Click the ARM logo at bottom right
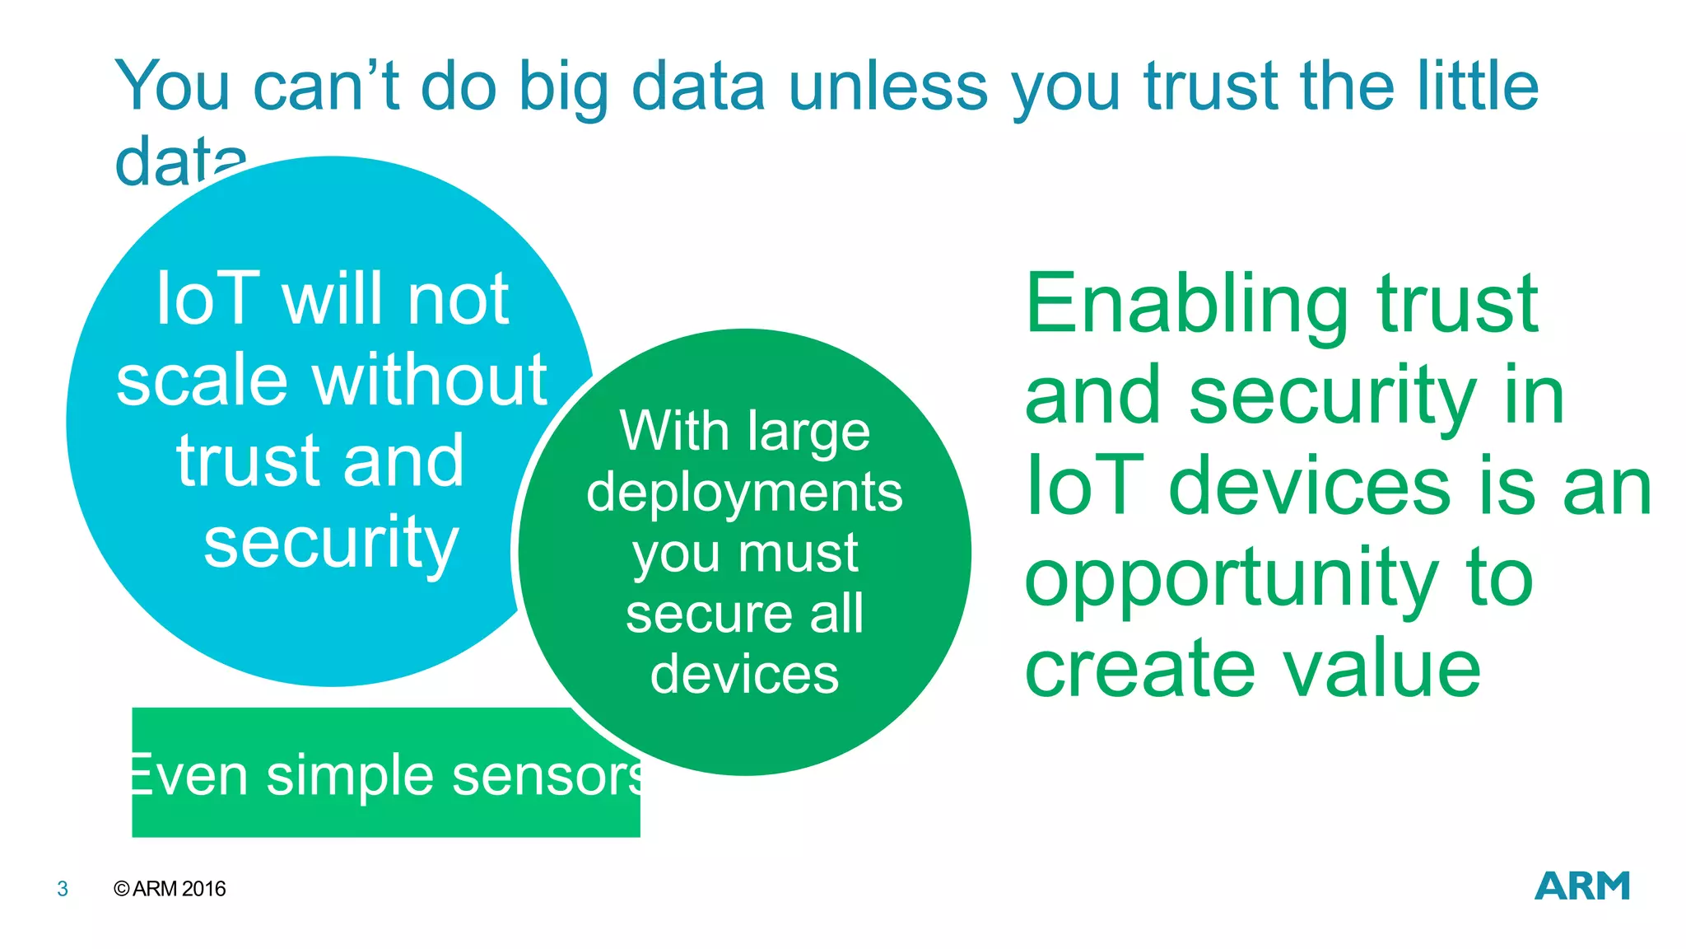click(x=1581, y=886)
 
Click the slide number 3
click(x=63, y=889)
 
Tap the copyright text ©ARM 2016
click(x=170, y=889)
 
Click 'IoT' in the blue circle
click(x=207, y=300)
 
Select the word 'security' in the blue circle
click(x=331, y=544)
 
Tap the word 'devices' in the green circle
click(x=744, y=675)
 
